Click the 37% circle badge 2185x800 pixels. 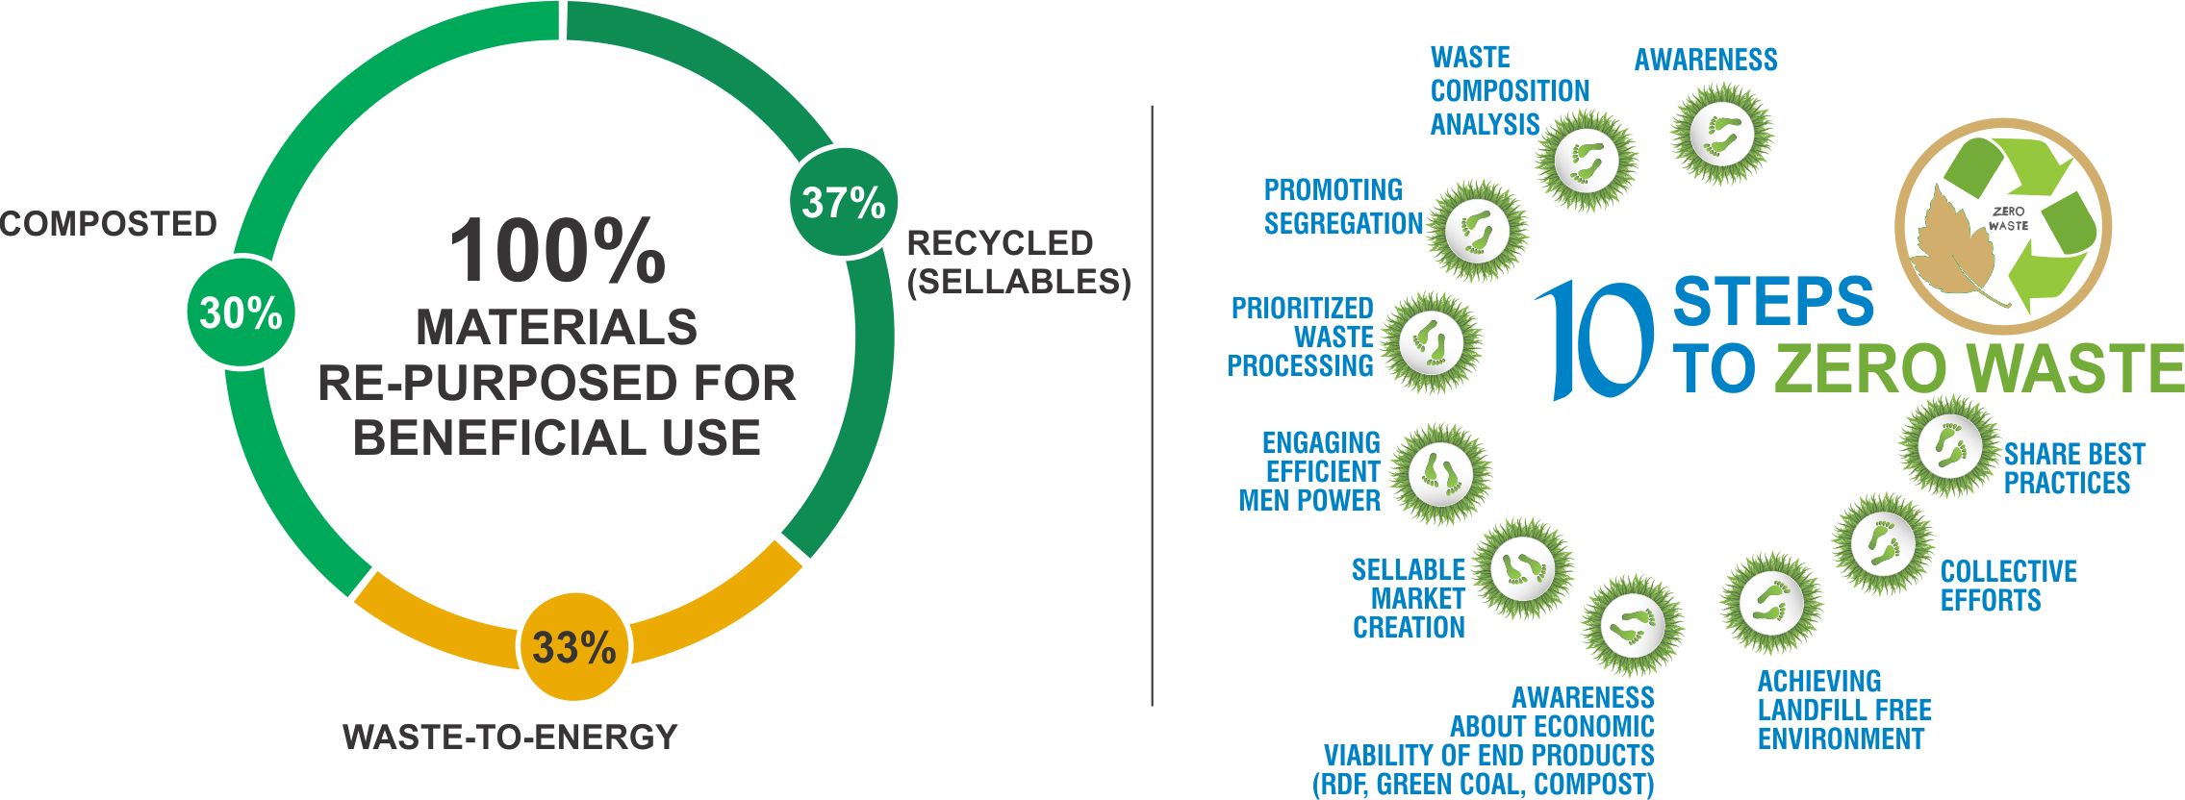tap(844, 202)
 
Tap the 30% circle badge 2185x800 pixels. tap(241, 312)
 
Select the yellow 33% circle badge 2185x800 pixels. tap(574, 647)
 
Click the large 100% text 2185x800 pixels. tap(558, 251)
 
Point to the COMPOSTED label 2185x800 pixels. tap(109, 224)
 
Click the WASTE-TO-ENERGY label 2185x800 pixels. tap(511, 737)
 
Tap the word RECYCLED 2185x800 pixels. tap(1001, 243)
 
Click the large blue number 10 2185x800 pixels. tap(1594, 339)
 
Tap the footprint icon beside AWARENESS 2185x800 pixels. tap(1722, 134)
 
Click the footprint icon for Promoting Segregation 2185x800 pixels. tap(1478, 231)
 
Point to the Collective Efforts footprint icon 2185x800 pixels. tap(1883, 544)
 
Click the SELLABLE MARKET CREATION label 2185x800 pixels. tap(1409, 598)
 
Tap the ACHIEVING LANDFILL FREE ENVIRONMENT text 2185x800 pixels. tap(1844, 710)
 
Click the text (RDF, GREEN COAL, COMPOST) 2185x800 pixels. tap(1484, 784)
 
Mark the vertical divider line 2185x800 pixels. tap(1153, 406)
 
